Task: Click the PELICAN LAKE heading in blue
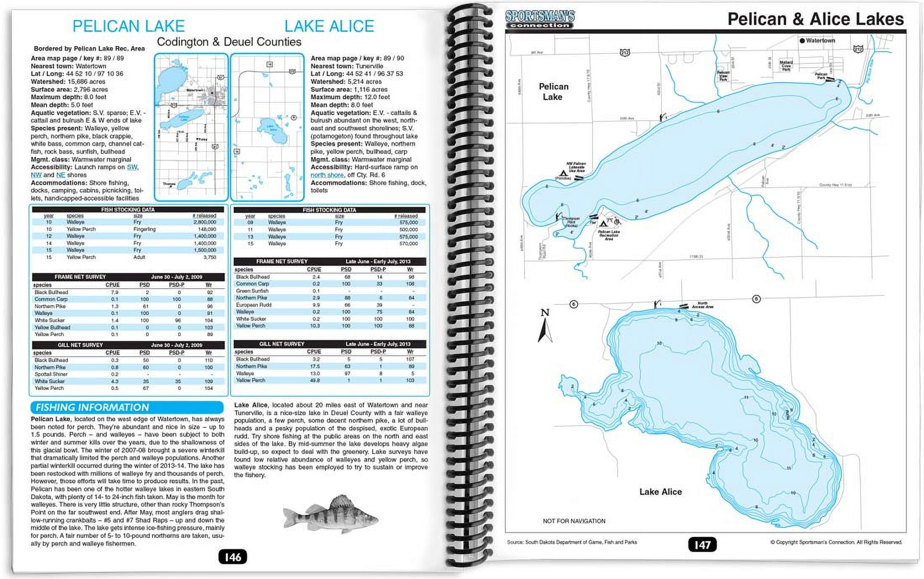[129, 26]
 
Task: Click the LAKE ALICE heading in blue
[329, 26]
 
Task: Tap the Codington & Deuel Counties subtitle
[229, 42]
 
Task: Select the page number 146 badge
[233, 557]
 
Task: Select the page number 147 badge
[702, 545]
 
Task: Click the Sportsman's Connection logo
[540, 19]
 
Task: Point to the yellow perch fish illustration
[331, 514]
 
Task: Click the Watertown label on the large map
[820, 41]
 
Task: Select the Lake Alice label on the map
[660, 492]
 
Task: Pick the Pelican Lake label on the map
[553, 92]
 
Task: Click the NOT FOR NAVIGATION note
[574, 521]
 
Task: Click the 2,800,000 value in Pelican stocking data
[205, 222]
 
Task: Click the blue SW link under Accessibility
[132, 167]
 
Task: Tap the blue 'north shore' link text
[327, 175]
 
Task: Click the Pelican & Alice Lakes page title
[815, 19]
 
